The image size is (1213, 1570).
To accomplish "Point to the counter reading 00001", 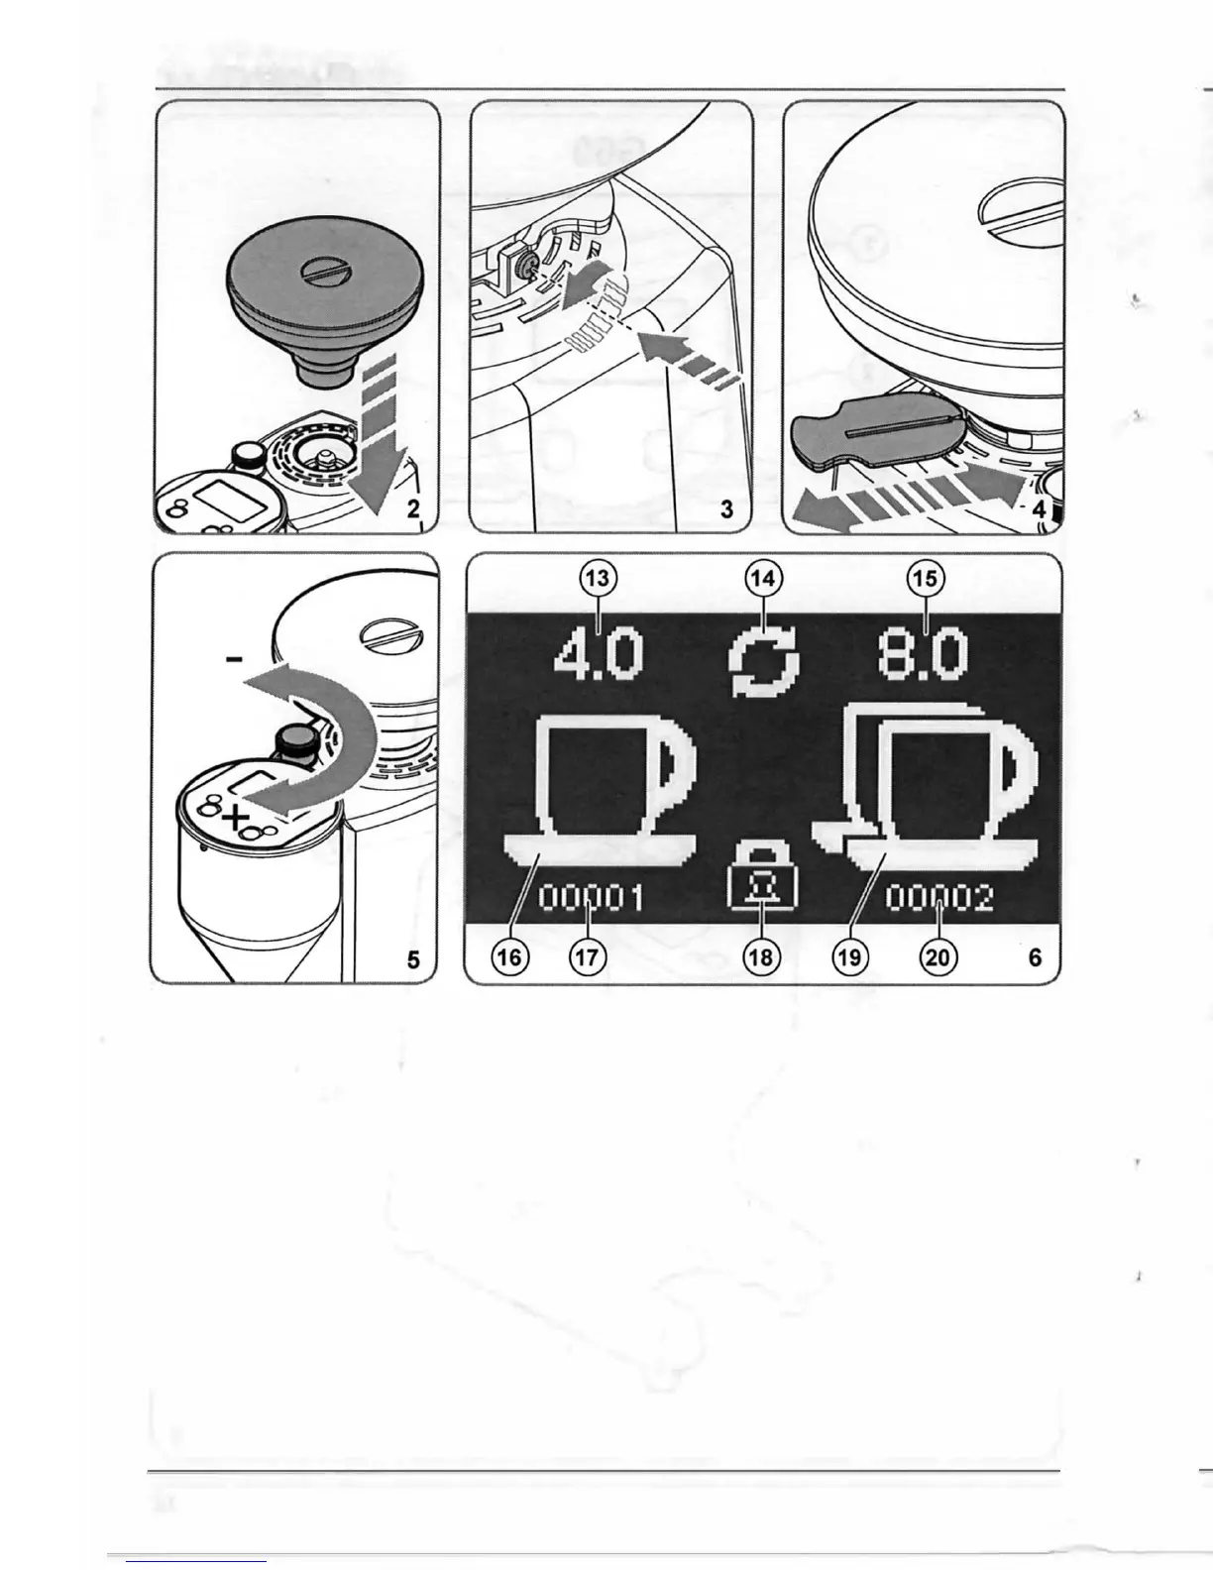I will [592, 899].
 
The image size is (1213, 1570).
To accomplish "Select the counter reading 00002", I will [938, 899].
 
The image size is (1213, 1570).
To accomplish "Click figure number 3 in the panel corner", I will [726, 509].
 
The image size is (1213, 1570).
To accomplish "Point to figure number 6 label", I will [1035, 957].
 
